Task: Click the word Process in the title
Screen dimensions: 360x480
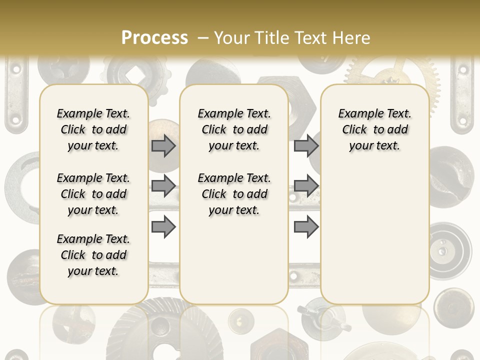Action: point(154,37)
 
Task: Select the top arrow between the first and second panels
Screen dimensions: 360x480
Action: point(163,145)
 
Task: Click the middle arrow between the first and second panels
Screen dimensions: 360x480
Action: point(163,186)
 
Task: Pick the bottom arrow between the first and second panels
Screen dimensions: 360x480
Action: point(163,226)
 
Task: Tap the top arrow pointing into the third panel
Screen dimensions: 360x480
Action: point(306,145)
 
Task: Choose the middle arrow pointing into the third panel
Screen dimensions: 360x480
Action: point(306,186)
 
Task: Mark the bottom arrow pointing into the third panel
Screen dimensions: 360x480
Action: point(306,226)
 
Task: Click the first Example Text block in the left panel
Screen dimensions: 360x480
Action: point(93,129)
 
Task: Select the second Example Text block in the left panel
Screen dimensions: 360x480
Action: point(93,194)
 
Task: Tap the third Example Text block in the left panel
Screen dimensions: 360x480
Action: point(93,255)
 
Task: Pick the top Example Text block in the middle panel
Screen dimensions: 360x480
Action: point(234,129)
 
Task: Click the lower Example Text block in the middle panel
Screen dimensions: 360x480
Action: point(234,194)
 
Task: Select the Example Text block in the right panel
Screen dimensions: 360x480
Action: point(374,129)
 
